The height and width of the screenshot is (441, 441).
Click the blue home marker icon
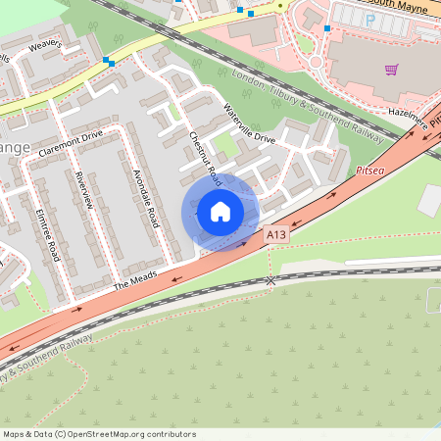(220, 212)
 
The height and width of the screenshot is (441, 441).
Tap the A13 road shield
(277, 236)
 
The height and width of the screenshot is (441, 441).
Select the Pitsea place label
(370, 170)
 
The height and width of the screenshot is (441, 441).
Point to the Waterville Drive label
(249, 123)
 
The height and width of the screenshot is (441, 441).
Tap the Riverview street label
(83, 188)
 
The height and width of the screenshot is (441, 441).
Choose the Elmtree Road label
(48, 234)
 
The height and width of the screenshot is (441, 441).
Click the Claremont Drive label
(71, 145)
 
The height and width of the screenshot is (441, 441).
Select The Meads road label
(134, 283)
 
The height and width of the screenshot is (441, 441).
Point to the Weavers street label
(44, 46)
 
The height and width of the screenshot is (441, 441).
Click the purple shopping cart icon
(391, 70)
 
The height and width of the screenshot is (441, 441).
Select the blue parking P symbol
(368, 20)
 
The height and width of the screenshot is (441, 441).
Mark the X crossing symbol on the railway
(270, 280)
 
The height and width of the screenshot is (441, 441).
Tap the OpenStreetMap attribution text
(98, 434)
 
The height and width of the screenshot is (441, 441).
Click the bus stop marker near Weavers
(108, 62)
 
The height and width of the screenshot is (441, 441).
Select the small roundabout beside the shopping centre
(316, 63)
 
